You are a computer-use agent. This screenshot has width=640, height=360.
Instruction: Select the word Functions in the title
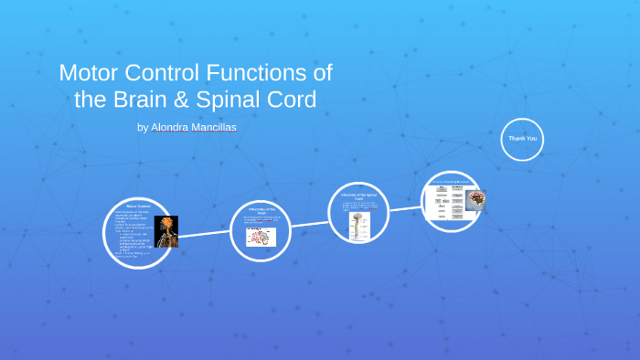[270, 72]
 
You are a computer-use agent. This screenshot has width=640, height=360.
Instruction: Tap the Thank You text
[522, 139]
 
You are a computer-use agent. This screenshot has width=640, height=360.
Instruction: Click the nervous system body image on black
[166, 232]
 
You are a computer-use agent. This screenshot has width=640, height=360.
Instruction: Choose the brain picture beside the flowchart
[475, 200]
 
